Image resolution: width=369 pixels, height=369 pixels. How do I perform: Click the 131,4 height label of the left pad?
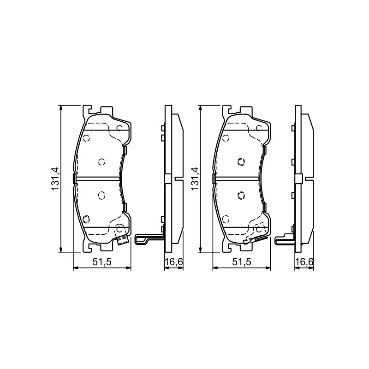coord(54,179)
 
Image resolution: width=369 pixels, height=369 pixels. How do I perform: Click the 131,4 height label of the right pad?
coord(195,179)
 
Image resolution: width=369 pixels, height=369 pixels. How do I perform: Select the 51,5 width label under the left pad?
coord(101,262)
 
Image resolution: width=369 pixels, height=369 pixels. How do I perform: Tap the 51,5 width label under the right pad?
coord(241,262)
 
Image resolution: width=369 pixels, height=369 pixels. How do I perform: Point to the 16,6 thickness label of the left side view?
coord(174,262)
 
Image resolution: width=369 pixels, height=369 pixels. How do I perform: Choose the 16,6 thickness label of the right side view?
coord(304,262)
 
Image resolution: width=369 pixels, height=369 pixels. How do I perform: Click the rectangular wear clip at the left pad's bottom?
coord(123,240)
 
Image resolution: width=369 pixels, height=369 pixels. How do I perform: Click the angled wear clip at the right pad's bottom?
coord(256,240)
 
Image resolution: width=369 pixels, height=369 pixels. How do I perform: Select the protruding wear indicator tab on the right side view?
coord(285,238)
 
